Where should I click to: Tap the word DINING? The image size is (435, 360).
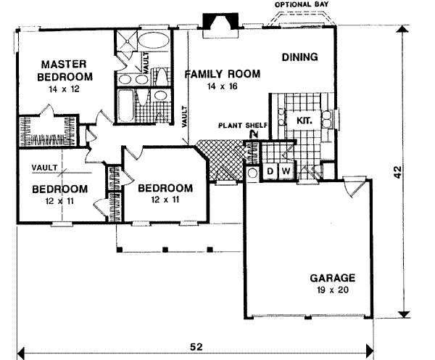pos(299,58)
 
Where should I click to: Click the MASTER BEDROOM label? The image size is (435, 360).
pos(66,70)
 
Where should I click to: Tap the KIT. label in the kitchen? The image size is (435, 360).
pos(304,120)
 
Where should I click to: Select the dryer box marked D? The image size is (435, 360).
pos(270,171)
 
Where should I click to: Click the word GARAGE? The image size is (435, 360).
pos(332,277)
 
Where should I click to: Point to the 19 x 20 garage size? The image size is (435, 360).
pos(333,290)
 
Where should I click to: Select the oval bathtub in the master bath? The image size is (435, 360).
pos(151,39)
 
